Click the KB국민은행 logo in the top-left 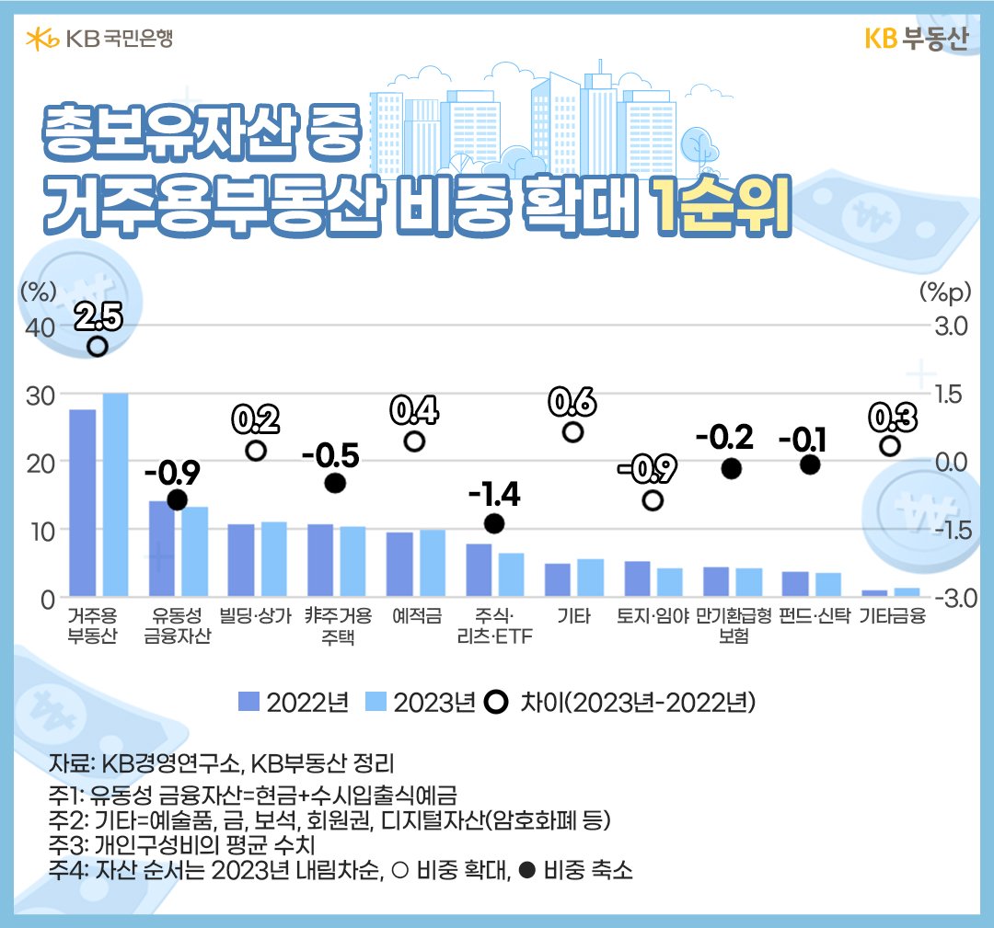point(99,39)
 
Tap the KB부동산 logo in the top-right point(917,40)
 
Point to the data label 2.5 point(98,317)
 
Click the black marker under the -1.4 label point(494,523)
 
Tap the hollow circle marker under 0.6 point(572,432)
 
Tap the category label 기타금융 point(892,616)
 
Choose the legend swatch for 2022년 point(249,702)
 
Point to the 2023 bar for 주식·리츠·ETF point(512,575)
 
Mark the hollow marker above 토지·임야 point(653,500)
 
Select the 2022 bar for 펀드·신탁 point(795,585)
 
